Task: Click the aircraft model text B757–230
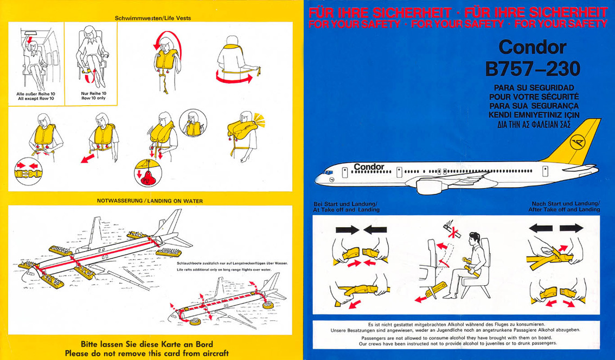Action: (x=533, y=69)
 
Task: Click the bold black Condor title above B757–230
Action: (x=533, y=48)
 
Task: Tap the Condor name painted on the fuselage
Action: (x=369, y=166)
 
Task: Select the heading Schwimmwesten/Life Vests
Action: (x=153, y=18)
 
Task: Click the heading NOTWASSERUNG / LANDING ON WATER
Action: (x=150, y=201)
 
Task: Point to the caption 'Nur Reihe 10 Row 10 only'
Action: (x=93, y=95)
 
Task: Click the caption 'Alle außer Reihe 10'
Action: (x=36, y=93)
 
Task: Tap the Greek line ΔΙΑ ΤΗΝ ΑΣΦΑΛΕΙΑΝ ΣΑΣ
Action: (x=534, y=124)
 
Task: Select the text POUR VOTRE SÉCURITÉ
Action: (x=534, y=97)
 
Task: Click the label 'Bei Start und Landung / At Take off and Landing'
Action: (x=347, y=207)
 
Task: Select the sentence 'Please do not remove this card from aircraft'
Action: (x=146, y=353)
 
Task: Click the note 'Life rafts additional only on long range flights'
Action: (x=224, y=269)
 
